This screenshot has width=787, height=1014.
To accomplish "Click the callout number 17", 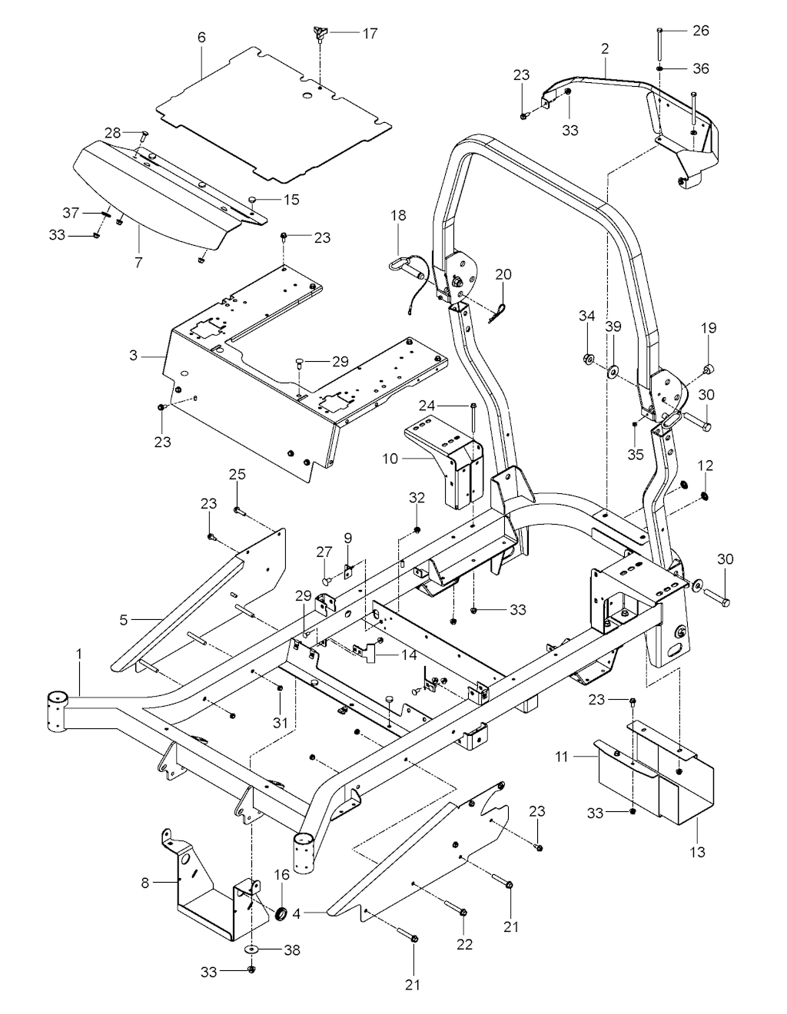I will point(370,33).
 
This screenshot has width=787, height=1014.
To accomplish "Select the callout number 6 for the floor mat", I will point(201,36).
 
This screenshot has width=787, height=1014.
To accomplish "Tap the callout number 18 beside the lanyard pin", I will point(398,215).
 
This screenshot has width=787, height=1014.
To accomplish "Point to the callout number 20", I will point(503,274).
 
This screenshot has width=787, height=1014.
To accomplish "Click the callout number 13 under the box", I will point(697,852).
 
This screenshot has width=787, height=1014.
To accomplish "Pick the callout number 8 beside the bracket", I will point(145,883).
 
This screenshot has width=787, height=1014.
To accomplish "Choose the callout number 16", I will point(281,874).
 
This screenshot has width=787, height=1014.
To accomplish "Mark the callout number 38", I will point(291,950).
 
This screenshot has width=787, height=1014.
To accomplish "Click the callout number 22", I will point(465,945).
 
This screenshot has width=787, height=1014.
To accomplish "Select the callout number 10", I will point(390,459).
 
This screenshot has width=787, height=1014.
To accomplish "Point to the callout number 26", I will point(701,31).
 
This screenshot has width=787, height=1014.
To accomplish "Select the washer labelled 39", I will point(613,373).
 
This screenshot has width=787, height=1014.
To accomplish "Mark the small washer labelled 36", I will point(660,68).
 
